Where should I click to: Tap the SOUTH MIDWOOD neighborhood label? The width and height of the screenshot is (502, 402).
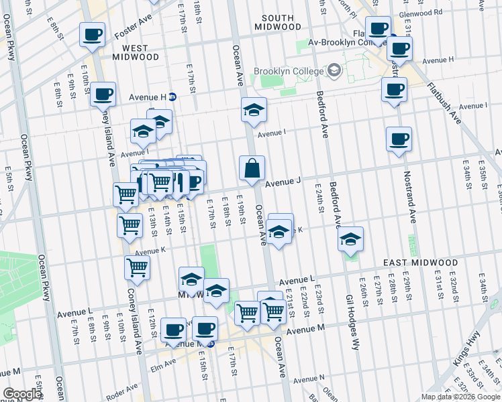[x=278, y=22]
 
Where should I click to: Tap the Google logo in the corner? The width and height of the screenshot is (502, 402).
[x=22, y=394]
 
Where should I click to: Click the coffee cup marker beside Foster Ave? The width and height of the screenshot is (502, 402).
[x=92, y=34]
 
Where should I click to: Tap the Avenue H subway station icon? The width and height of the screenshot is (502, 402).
[x=172, y=96]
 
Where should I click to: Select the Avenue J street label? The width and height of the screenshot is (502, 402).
[x=283, y=182]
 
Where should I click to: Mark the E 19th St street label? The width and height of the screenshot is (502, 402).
[x=240, y=210]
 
